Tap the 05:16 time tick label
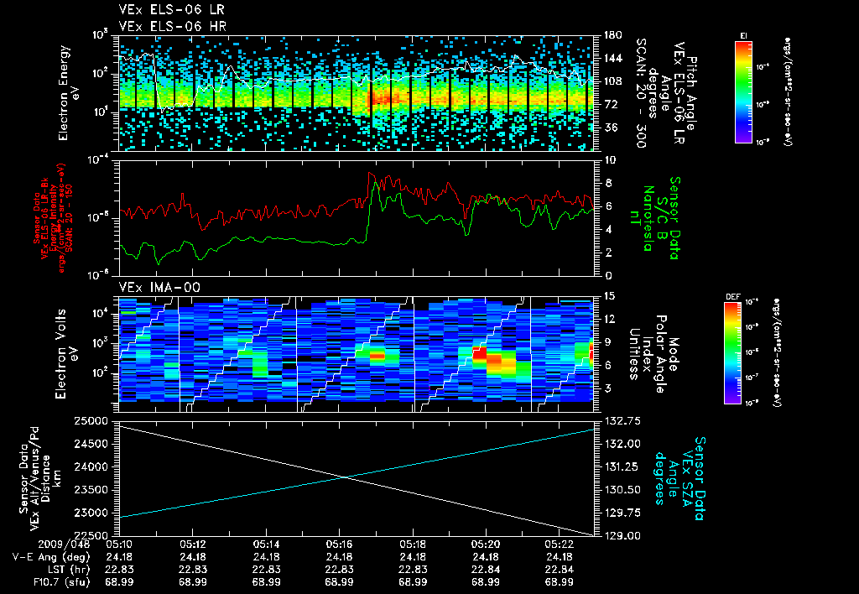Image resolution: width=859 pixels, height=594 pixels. pos(339,544)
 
